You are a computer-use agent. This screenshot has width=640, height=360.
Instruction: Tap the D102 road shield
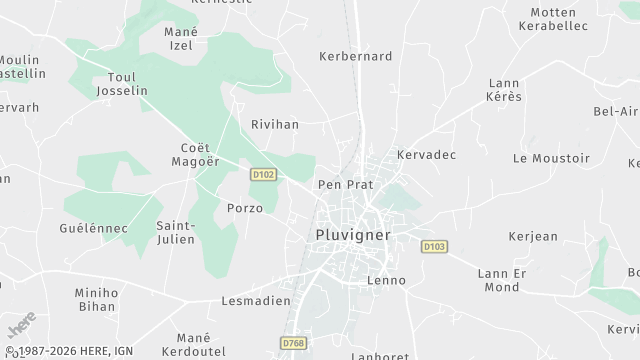pyautogui.click(x=263, y=174)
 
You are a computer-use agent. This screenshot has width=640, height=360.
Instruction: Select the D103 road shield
pyautogui.click(x=433, y=246)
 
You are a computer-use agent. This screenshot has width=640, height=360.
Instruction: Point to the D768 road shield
pyautogui.click(x=293, y=343)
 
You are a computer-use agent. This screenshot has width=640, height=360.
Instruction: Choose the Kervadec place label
pyautogui.click(x=426, y=155)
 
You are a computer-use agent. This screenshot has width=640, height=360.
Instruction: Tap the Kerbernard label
pyautogui.click(x=355, y=57)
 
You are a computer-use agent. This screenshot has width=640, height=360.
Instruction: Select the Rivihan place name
pyautogui.click(x=275, y=125)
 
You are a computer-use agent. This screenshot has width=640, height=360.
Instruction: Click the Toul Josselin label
pyautogui.click(x=122, y=82)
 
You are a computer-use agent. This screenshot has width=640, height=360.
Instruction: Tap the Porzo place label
pyautogui.click(x=245, y=208)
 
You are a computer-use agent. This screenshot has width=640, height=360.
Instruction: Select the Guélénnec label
pyautogui.click(x=94, y=228)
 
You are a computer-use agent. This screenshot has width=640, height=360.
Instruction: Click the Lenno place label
pyautogui.click(x=387, y=280)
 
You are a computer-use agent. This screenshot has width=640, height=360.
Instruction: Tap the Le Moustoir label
pyautogui.click(x=551, y=158)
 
